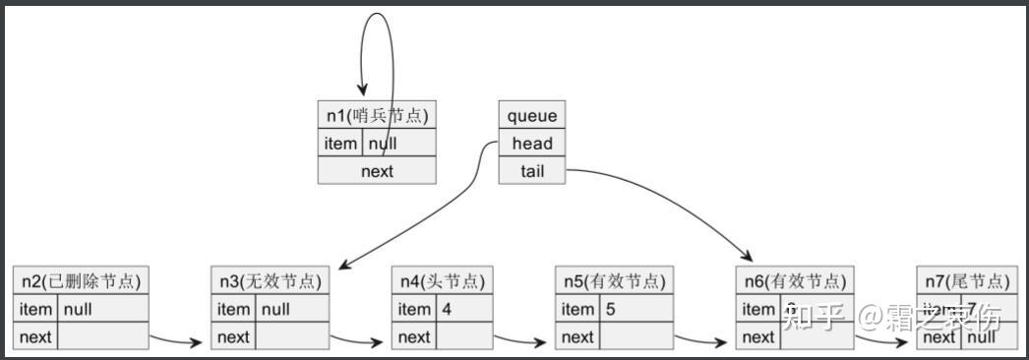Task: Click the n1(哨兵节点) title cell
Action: click(x=377, y=115)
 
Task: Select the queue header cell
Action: click(x=532, y=115)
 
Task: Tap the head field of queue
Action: click(x=532, y=143)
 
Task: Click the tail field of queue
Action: click(x=532, y=171)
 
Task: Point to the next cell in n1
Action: click(x=377, y=171)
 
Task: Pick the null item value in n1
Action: click(x=399, y=144)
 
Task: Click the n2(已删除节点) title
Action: click(x=81, y=281)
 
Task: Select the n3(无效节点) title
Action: click(x=270, y=281)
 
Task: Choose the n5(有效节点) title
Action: click(x=614, y=281)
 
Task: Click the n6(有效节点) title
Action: click(x=793, y=281)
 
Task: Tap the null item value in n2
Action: click(x=103, y=309)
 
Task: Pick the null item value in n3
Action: click(x=292, y=309)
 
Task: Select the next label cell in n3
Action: click(x=234, y=337)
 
